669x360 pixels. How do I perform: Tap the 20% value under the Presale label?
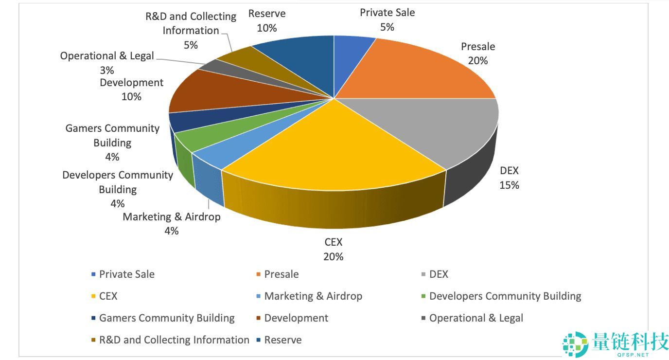[478, 61]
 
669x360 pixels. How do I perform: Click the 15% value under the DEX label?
[509, 185]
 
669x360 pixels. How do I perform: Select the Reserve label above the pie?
[267, 14]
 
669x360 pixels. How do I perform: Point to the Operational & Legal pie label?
[107, 56]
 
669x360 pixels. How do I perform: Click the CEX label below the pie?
[334, 242]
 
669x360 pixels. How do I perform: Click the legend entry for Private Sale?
[126, 274]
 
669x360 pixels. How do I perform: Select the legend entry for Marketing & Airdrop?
[313, 296]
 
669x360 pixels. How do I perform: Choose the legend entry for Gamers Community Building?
[166, 318]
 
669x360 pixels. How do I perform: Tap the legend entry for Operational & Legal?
[476, 318]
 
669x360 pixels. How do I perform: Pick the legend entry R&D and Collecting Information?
[174, 340]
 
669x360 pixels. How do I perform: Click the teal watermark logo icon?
[575, 344]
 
